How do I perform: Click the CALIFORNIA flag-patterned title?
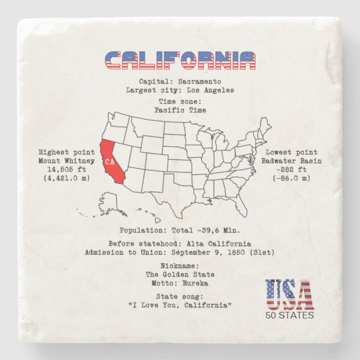point(180,60)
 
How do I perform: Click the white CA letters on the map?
point(110,162)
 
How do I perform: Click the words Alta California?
point(216,244)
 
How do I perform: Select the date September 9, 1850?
point(212,253)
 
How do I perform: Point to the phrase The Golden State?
point(180,274)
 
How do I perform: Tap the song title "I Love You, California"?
point(180,305)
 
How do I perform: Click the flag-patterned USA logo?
point(289,295)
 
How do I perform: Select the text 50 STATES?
point(290,315)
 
